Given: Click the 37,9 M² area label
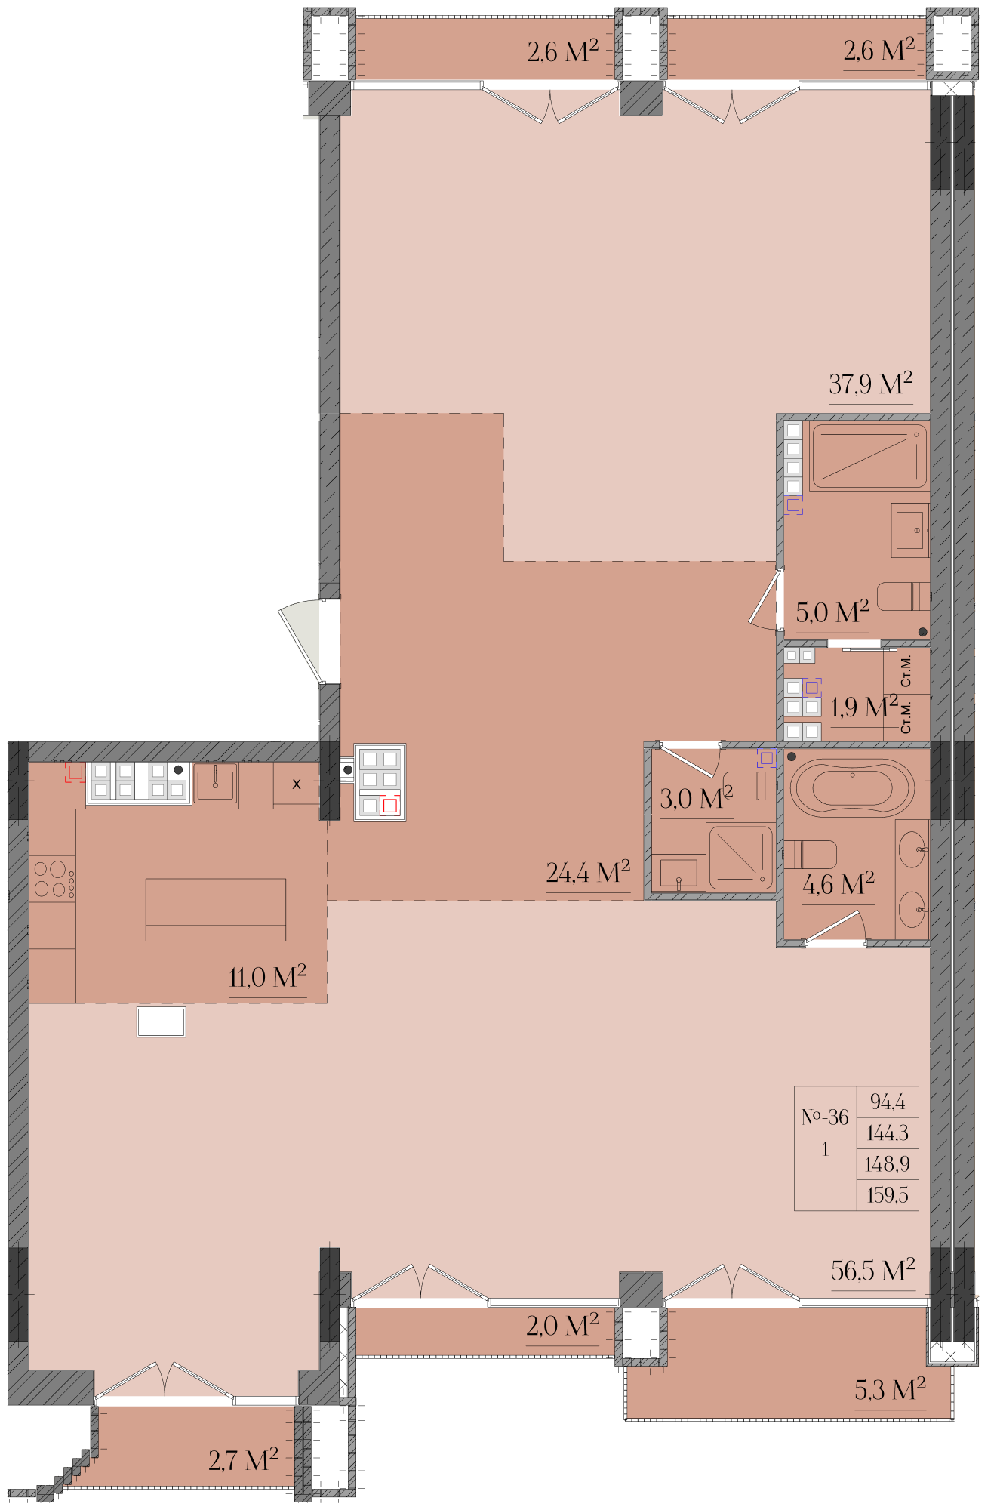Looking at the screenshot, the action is pyautogui.click(x=870, y=384).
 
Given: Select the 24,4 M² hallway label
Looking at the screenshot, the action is pyautogui.click(x=588, y=872).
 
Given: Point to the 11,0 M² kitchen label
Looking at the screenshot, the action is pyautogui.click(x=268, y=976).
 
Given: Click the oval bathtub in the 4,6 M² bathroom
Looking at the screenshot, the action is pyautogui.click(x=853, y=787).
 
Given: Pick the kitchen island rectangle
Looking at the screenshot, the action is pyautogui.click(x=216, y=910).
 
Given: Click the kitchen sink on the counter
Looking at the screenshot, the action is pyautogui.click(x=216, y=784).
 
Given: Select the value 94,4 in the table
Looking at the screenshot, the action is pyautogui.click(x=888, y=1102).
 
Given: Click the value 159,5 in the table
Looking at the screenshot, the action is pyautogui.click(x=888, y=1195).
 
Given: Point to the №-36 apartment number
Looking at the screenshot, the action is pyautogui.click(x=825, y=1117).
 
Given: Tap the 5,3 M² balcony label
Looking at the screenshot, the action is pyautogui.click(x=890, y=1389).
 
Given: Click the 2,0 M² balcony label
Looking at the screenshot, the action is pyautogui.click(x=562, y=1325).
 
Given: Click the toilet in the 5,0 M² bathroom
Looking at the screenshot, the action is pyautogui.click(x=903, y=596).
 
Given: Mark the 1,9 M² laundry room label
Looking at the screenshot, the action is pyautogui.click(x=864, y=707).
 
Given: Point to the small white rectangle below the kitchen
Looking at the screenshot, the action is pyautogui.click(x=162, y=1022).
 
